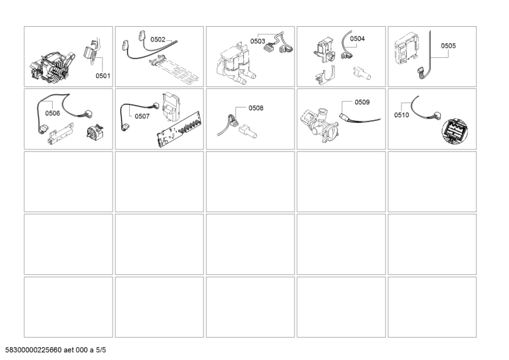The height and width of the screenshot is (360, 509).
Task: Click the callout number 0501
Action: (102, 76)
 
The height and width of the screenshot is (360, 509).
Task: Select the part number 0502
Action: (158, 39)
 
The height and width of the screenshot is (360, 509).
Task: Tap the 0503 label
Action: (258, 41)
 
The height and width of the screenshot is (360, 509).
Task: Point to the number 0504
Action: (357, 39)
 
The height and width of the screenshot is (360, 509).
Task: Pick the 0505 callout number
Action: (448, 46)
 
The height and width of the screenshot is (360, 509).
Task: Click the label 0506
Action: (53, 113)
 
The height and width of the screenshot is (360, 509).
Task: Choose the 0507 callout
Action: (142, 116)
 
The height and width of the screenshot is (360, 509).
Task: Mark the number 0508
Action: (256, 108)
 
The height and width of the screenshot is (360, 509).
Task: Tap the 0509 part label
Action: (362, 102)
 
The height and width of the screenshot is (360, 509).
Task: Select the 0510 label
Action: (401, 115)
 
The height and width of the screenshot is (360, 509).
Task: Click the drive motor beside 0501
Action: (52, 67)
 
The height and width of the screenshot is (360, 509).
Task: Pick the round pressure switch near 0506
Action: (94, 132)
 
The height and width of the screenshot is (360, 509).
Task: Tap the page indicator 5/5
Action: (101, 350)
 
